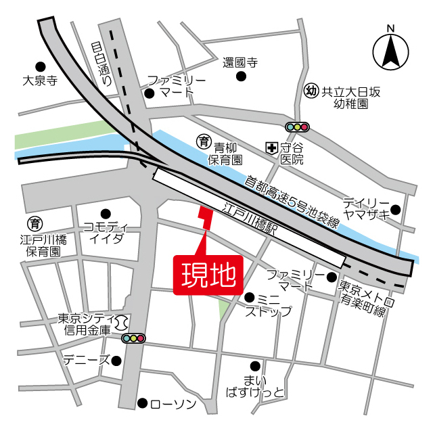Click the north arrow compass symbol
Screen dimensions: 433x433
(390, 49)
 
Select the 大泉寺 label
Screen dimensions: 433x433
(40, 80)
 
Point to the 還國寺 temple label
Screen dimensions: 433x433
(241, 63)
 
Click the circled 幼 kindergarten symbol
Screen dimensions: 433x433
(311, 91)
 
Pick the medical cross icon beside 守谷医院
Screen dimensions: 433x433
(271, 146)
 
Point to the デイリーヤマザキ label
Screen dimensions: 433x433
(365, 209)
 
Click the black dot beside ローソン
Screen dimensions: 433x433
(142, 403)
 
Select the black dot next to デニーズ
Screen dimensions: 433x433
(116, 360)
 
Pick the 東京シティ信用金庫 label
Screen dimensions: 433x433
(83, 324)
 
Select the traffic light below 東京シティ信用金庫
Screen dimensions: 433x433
(133, 338)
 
